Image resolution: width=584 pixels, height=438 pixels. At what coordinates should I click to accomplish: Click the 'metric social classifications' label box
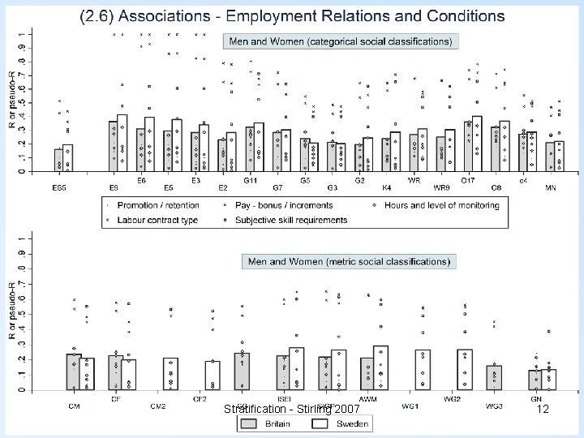tap(350, 262)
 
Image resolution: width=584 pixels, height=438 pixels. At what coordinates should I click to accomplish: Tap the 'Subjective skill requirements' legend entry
tap(291, 220)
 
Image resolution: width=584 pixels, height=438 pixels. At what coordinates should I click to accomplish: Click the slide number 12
tap(543, 410)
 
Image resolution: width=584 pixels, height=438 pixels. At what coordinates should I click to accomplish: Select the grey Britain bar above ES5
tap(58, 160)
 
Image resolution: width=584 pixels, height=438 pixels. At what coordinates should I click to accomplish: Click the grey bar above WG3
tap(495, 377)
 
